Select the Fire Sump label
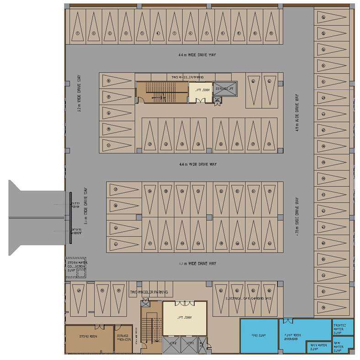(259, 335)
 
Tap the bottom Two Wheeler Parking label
(148, 292)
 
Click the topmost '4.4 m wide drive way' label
(197, 55)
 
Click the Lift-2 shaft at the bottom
(173, 346)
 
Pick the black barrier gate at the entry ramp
(71, 218)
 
